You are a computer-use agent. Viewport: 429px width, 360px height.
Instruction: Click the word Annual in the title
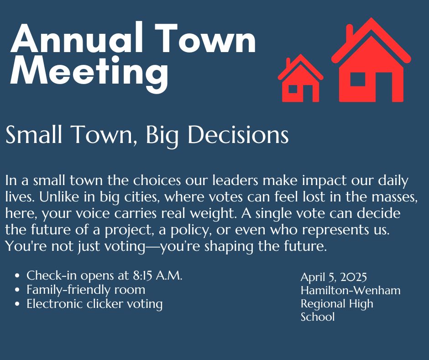(x=77, y=38)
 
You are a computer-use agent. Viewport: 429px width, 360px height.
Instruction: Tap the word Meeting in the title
(x=89, y=72)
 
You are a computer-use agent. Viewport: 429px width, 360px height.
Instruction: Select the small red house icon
(x=300, y=78)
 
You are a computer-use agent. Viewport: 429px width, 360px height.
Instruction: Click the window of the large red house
(x=358, y=79)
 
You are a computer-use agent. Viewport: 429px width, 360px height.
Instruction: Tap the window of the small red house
(x=293, y=89)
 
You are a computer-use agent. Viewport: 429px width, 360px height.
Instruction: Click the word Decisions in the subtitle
(x=238, y=134)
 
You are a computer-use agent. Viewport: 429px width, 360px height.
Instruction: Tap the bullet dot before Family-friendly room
(x=17, y=290)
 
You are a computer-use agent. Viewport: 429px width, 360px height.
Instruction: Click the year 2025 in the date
(x=354, y=277)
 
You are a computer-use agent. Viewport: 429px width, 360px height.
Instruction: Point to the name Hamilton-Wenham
(x=351, y=290)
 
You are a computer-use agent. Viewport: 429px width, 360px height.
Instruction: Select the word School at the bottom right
(x=318, y=317)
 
